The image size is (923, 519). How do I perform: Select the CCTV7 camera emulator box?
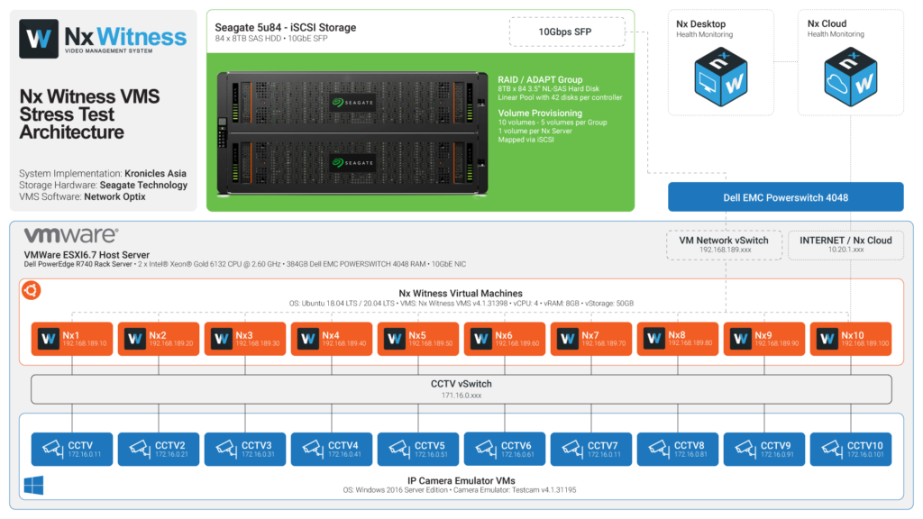point(590,448)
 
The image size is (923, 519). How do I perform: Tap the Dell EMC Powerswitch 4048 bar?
point(785,196)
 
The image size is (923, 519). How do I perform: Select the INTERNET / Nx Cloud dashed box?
point(845,245)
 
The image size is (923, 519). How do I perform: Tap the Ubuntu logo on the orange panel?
point(32,290)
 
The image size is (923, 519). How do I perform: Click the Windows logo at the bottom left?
point(33,487)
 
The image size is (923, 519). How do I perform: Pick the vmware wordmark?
point(70,236)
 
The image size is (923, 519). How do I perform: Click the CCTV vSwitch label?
point(461,384)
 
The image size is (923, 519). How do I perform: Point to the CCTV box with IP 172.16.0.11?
point(71,448)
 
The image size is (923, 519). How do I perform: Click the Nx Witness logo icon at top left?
point(38,39)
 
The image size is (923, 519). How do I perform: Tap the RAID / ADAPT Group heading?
point(540,80)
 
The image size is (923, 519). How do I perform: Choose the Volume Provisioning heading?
point(541,114)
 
